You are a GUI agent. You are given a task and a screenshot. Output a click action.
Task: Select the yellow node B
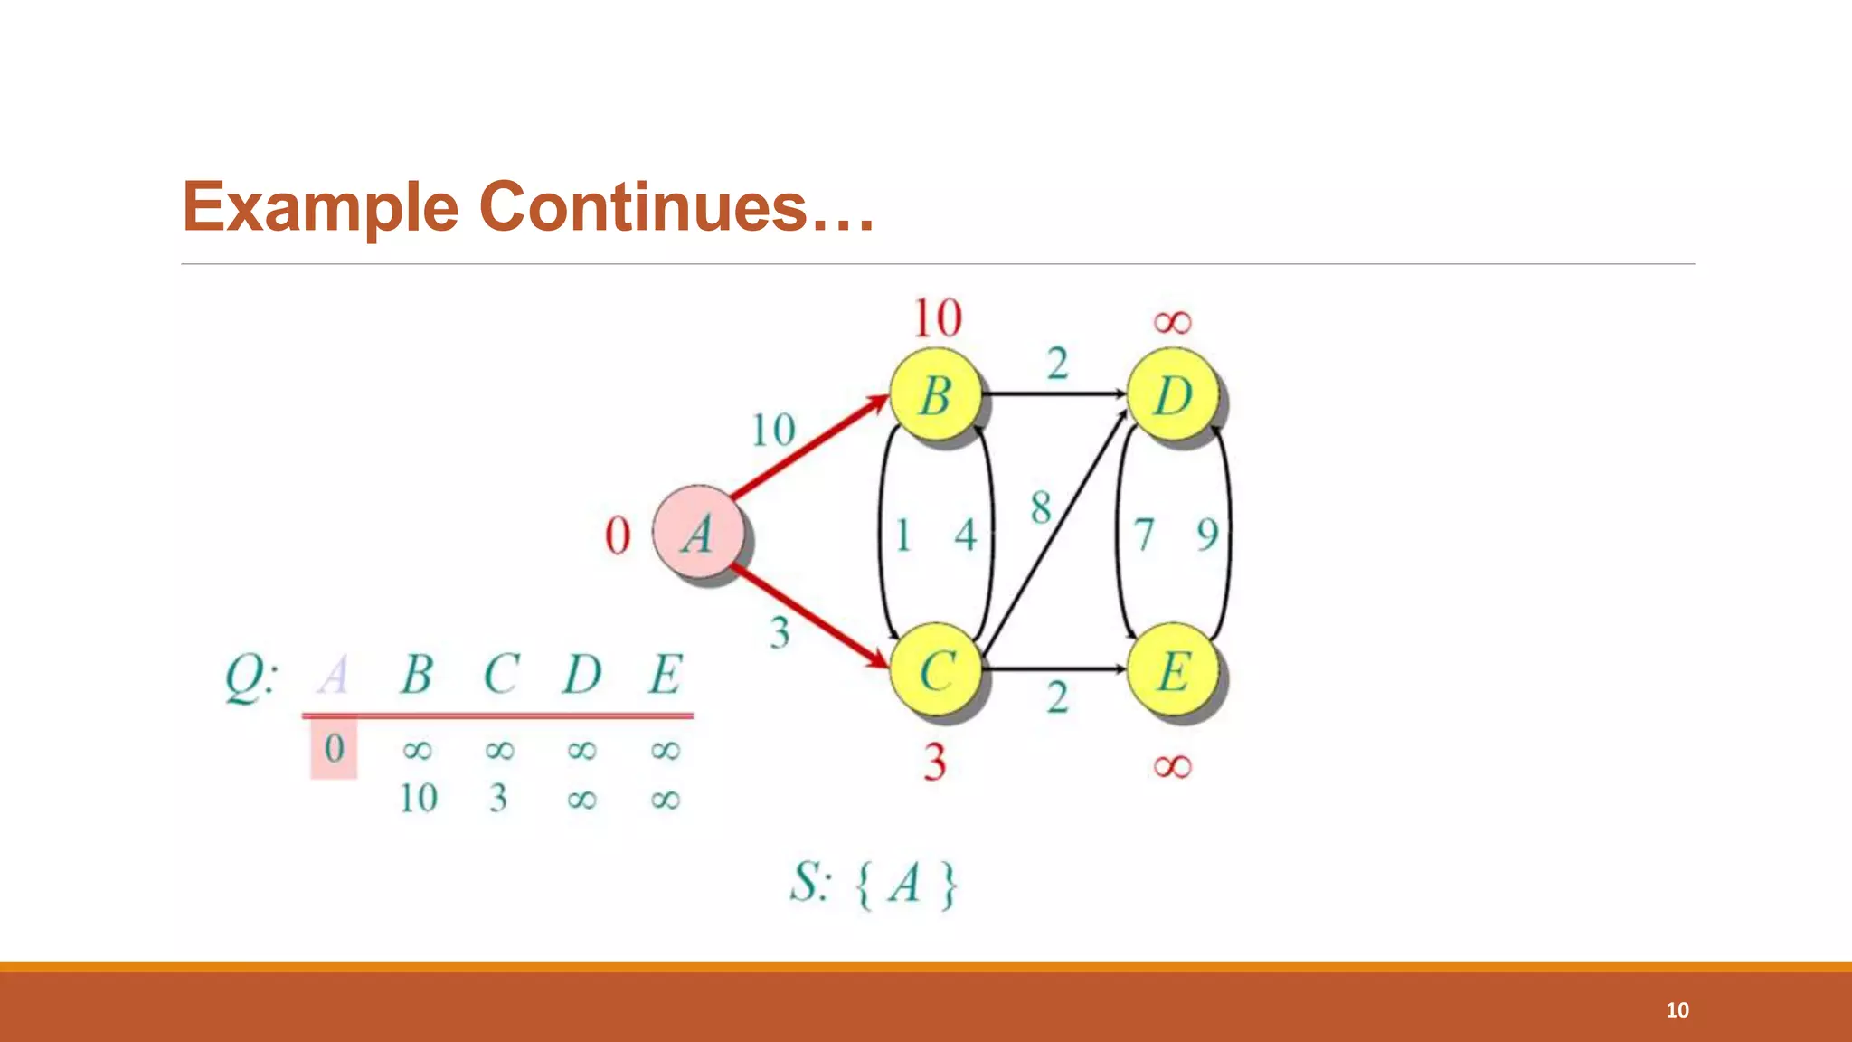936,395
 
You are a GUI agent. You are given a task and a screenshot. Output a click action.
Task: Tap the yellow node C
936,670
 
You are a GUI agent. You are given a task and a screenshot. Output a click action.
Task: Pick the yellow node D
1173,395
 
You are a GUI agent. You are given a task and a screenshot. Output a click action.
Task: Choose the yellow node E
1173,670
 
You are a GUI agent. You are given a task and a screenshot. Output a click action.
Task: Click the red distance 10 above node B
938,318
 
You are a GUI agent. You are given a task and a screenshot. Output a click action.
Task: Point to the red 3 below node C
935,762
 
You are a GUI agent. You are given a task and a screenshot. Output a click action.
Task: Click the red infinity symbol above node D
1173,322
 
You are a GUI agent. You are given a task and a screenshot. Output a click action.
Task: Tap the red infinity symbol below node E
1173,767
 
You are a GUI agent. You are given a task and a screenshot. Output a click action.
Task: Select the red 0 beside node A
618,535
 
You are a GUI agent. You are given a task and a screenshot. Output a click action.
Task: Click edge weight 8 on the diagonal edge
1041,507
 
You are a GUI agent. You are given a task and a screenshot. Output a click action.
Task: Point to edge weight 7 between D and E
1144,534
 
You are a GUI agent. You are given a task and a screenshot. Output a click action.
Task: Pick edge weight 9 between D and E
1207,534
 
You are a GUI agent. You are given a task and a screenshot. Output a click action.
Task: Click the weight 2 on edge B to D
1057,364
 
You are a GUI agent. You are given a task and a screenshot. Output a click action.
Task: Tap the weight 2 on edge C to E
1057,697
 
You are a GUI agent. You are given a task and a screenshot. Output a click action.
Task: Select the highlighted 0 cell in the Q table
334,748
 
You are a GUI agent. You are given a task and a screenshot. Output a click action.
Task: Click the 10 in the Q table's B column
418,799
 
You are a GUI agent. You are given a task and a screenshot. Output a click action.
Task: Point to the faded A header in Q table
334,675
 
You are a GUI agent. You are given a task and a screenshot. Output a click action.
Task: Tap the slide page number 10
1677,1010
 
